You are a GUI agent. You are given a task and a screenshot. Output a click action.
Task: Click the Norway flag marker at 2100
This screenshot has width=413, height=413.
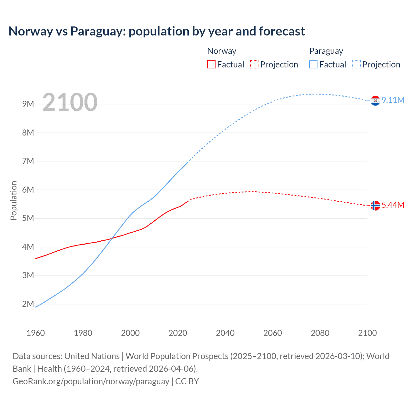(375, 205)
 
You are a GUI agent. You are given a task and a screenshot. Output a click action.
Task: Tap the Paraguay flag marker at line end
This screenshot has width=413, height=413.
(375, 101)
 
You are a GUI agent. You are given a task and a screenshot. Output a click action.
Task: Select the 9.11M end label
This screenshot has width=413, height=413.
(393, 100)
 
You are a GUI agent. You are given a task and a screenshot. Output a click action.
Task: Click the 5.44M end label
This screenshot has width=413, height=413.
(393, 205)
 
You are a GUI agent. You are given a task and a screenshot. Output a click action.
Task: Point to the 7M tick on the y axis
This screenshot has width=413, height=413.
(28, 161)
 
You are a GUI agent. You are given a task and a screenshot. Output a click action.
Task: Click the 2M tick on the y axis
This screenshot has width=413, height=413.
(28, 304)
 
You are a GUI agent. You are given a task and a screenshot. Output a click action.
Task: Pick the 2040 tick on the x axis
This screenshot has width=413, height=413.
(225, 333)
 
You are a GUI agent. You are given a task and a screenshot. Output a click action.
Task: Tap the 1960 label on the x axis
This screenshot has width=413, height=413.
(35, 333)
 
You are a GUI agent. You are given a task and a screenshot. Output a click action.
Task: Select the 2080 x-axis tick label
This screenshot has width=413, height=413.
(320, 333)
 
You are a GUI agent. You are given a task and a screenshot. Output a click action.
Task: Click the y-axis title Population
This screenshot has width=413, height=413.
(14, 200)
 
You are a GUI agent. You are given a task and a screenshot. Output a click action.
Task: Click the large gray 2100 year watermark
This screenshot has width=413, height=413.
(70, 102)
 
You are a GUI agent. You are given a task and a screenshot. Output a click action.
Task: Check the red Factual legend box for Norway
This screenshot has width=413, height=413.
(211, 64)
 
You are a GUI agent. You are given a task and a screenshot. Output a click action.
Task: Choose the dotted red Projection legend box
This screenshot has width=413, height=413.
(254, 64)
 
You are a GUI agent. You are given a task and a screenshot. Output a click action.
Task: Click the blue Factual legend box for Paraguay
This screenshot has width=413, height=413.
(313, 64)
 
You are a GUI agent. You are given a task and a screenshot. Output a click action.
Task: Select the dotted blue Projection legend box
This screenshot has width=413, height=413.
(356, 64)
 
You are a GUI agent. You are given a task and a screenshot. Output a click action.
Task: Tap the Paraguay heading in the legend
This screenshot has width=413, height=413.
(326, 51)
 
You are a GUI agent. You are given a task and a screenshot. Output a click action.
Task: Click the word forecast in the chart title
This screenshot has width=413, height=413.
(282, 31)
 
